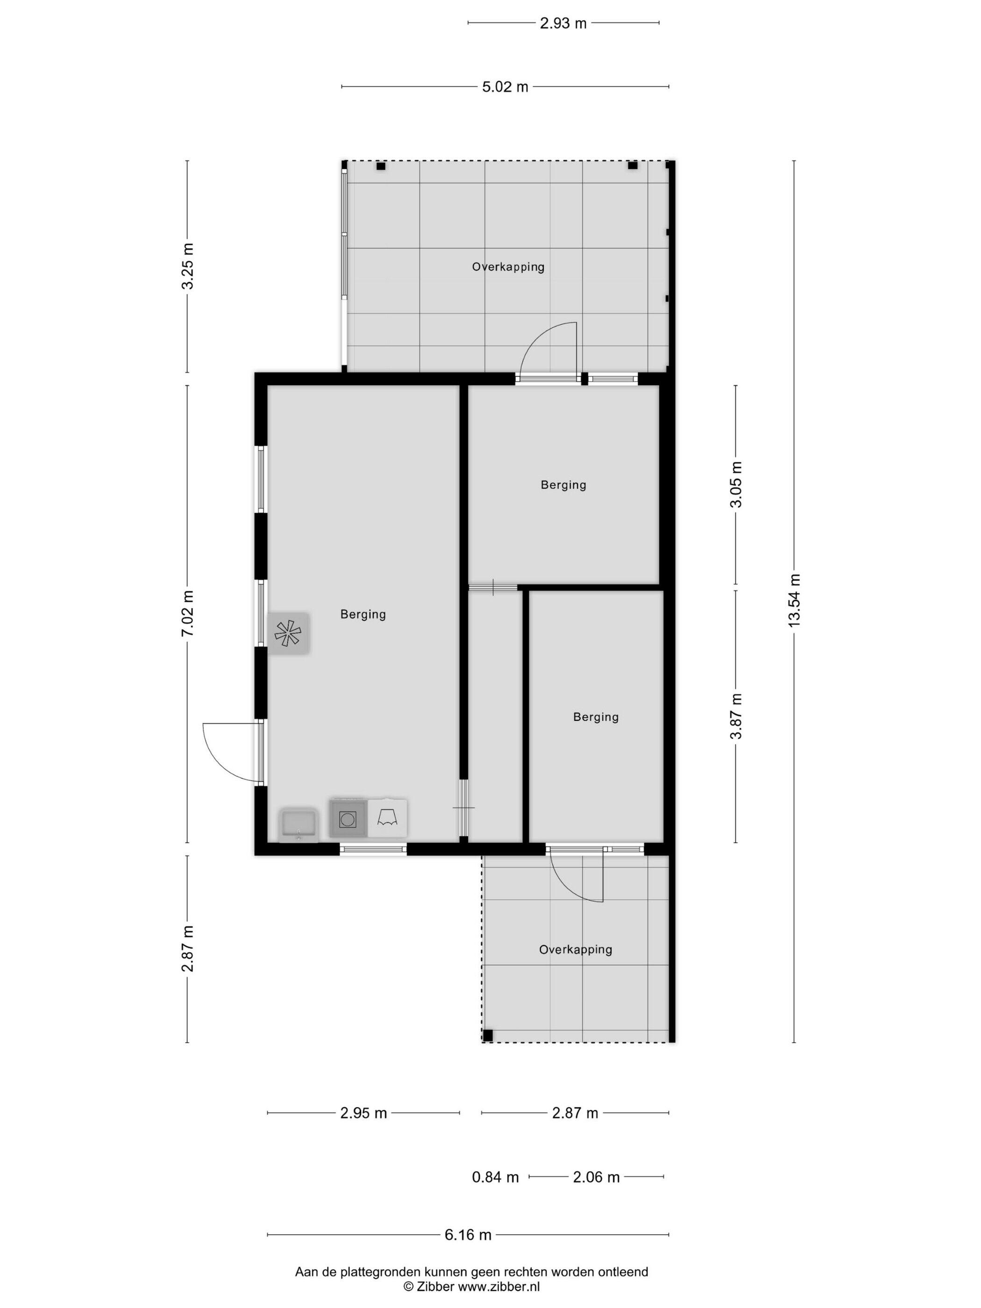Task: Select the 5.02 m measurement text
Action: coord(505,87)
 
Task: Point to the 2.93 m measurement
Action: coord(563,23)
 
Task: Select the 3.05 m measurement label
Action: coord(736,484)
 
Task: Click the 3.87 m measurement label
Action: coord(736,716)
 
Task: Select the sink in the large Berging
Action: coord(299,825)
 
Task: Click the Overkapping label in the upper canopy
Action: coord(508,267)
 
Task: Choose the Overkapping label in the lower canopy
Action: coord(576,950)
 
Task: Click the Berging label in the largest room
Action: coord(363,614)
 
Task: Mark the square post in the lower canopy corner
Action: coord(488,1035)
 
